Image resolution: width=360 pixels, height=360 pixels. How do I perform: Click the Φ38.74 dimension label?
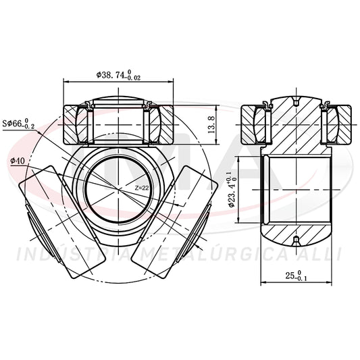(118, 75)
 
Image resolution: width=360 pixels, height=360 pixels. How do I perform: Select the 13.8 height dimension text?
(211, 125)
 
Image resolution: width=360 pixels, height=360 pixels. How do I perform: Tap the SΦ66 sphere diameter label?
(18, 124)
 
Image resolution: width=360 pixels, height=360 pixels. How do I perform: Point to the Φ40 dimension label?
(18, 161)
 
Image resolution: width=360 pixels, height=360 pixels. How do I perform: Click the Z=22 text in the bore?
(142, 188)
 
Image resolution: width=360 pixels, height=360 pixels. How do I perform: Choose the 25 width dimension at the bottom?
(297, 276)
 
